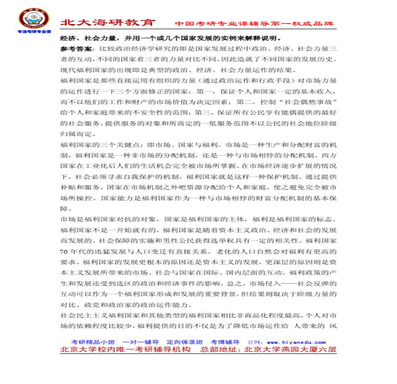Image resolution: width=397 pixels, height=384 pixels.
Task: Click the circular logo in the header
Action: [33, 18]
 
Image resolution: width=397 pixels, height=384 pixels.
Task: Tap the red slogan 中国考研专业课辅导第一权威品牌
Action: [254, 24]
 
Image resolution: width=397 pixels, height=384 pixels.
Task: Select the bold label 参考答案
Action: [74, 48]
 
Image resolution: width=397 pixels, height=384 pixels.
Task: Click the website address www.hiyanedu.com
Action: [296, 342]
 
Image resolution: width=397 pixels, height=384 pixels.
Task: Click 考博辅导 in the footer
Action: [225, 342]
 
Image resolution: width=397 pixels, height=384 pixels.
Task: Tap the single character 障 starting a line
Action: [64, 208]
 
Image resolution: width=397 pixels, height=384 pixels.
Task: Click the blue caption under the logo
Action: [34, 32]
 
